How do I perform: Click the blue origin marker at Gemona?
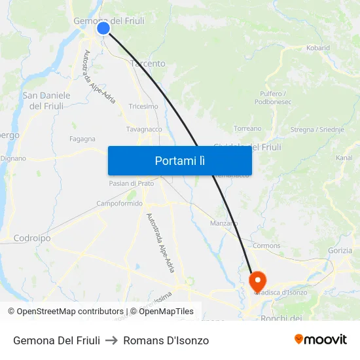click(103, 27)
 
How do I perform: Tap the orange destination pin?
click(257, 281)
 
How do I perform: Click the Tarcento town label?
click(148, 63)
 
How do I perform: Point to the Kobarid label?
click(318, 48)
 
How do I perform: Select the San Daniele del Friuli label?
click(46, 101)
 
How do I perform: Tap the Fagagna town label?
click(82, 139)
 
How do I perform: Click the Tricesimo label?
click(143, 106)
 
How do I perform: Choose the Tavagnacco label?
click(144, 129)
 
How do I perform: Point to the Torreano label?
click(247, 128)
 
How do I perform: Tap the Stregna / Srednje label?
click(317, 130)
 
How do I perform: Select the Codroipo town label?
click(32, 238)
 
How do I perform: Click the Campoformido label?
click(119, 204)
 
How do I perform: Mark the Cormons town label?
click(266, 245)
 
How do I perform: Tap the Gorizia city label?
click(339, 250)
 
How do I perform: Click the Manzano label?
click(224, 223)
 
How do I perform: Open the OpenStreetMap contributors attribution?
click(65, 312)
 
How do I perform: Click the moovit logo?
click(321, 340)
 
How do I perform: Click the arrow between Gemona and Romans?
click(112, 340)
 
